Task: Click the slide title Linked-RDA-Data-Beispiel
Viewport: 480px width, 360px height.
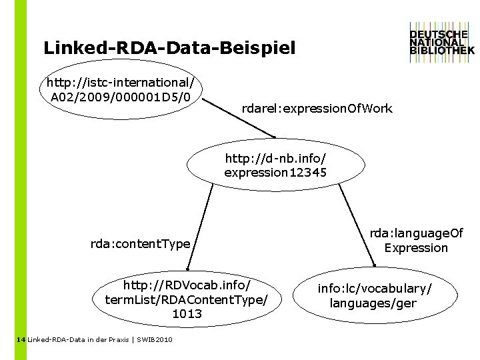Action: click(x=169, y=49)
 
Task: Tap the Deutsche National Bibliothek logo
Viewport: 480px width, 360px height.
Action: click(x=442, y=41)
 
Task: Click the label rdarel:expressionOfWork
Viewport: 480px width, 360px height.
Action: click(x=317, y=108)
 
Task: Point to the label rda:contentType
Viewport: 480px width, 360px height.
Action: click(x=140, y=244)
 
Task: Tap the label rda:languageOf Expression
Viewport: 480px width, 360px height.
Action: click(x=416, y=241)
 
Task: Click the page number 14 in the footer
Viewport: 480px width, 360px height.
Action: click(x=20, y=340)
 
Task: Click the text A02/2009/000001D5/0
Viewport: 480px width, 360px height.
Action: click(x=120, y=98)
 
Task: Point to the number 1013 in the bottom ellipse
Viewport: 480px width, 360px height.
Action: click(x=187, y=313)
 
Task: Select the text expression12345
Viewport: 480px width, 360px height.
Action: click(x=275, y=173)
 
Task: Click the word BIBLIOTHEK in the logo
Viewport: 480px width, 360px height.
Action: click(x=442, y=50)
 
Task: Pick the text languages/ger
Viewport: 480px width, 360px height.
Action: click(x=373, y=303)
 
